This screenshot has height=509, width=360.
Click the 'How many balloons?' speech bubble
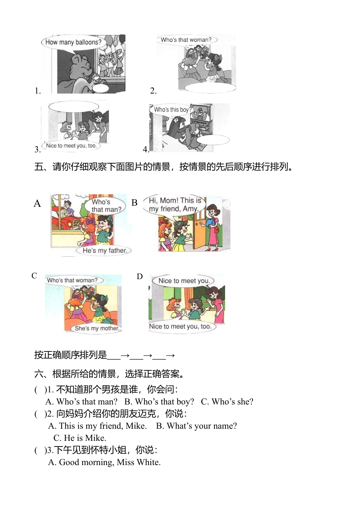tap(73, 42)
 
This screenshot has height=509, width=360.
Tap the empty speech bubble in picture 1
tap(101, 88)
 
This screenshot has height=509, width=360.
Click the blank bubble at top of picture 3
tap(74, 106)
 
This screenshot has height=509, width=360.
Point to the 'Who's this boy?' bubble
tap(172, 109)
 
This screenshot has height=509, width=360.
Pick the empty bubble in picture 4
tap(213, 140)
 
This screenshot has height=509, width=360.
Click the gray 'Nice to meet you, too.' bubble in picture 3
tap(71, 146)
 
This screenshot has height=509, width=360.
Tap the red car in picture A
tap(68, 222)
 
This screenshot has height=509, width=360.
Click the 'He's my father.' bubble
tap(104, 251)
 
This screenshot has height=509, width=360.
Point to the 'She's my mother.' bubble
tap(97, 328)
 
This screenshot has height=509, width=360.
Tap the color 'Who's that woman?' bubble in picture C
tap(72, 280)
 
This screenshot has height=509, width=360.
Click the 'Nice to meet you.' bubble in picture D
tap(184, 281)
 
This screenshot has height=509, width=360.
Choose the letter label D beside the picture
tap(140, 277)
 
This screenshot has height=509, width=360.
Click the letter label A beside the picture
tap(37, 204)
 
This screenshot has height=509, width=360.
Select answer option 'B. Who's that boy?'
tap(159, 401)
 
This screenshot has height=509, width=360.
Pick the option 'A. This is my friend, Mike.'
tap(97, 426)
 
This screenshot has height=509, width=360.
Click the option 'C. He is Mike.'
tap(80, 438)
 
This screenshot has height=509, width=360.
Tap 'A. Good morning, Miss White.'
tap(104, 462)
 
